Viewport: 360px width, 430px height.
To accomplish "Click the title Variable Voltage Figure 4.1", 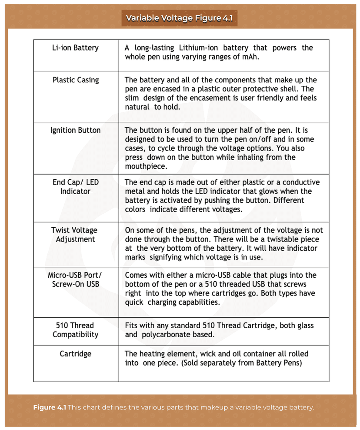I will (179, 18).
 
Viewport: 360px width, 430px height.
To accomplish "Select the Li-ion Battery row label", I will (75, 48).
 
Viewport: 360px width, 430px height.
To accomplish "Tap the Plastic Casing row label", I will (76, 80).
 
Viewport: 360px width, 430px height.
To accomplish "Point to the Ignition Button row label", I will (75, 130).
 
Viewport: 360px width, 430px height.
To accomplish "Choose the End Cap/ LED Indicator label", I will (75, 187).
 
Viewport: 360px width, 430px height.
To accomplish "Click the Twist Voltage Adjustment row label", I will (75, 235).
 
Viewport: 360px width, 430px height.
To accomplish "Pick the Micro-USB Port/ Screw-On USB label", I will (75, 279).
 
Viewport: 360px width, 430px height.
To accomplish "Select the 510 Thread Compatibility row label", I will (75, 330).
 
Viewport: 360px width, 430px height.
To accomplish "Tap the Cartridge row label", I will (75, 354).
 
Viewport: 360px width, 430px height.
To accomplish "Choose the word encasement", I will (212, 98).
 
